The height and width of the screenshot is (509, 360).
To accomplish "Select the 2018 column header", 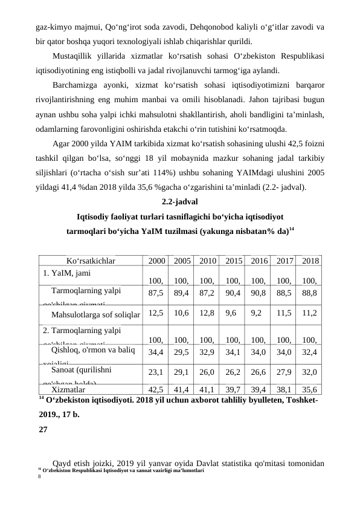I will pos(310,261).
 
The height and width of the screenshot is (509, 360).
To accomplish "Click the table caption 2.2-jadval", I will pos(179,202).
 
